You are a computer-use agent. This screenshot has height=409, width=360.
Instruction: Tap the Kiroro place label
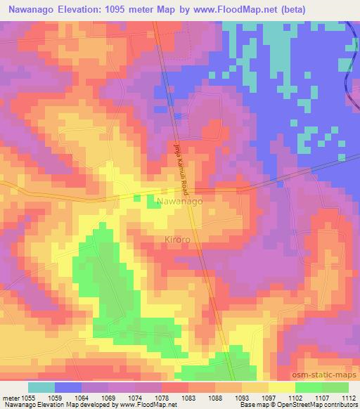178,240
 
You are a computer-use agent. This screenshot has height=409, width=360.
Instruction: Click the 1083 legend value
188,397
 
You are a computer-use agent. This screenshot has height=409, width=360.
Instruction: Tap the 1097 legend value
269,397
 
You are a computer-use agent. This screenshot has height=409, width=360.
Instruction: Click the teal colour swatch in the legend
41,387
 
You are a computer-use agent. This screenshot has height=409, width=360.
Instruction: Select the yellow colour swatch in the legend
281,387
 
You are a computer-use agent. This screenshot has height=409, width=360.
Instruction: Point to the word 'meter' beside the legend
11,397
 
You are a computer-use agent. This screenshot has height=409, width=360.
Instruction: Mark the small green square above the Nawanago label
153,203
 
